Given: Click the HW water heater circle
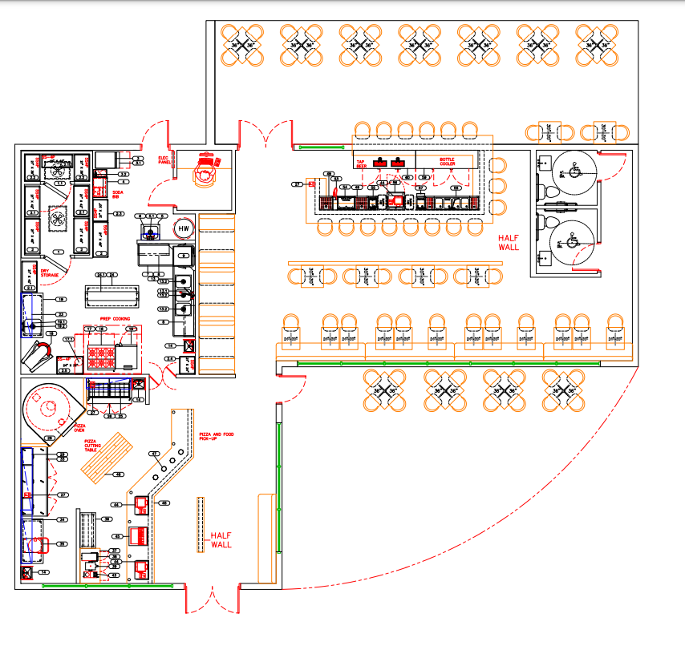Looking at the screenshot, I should pos(184,229).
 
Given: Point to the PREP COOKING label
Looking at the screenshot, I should pos(115,318).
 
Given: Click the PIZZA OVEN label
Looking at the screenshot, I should pos(80,428).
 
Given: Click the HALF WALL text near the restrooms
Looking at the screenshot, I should pos(509,243).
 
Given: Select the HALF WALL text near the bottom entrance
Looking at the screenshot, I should pos(221,540).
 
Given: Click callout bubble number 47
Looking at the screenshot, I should pos(155,454).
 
